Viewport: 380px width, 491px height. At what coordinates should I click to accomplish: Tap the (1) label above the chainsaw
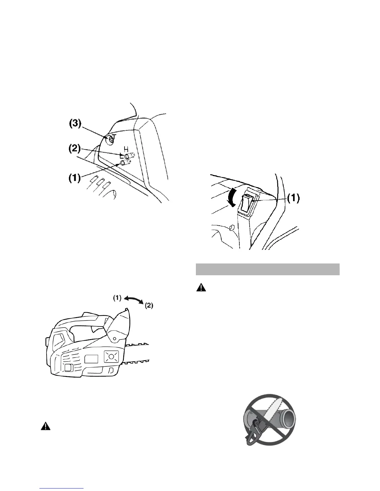coord(117,298)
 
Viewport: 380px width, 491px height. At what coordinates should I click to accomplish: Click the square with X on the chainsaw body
coord(111,357)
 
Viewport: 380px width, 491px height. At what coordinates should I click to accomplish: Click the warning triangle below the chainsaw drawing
coord(46,426)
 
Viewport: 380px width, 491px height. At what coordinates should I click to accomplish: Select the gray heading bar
coord(267,269)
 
